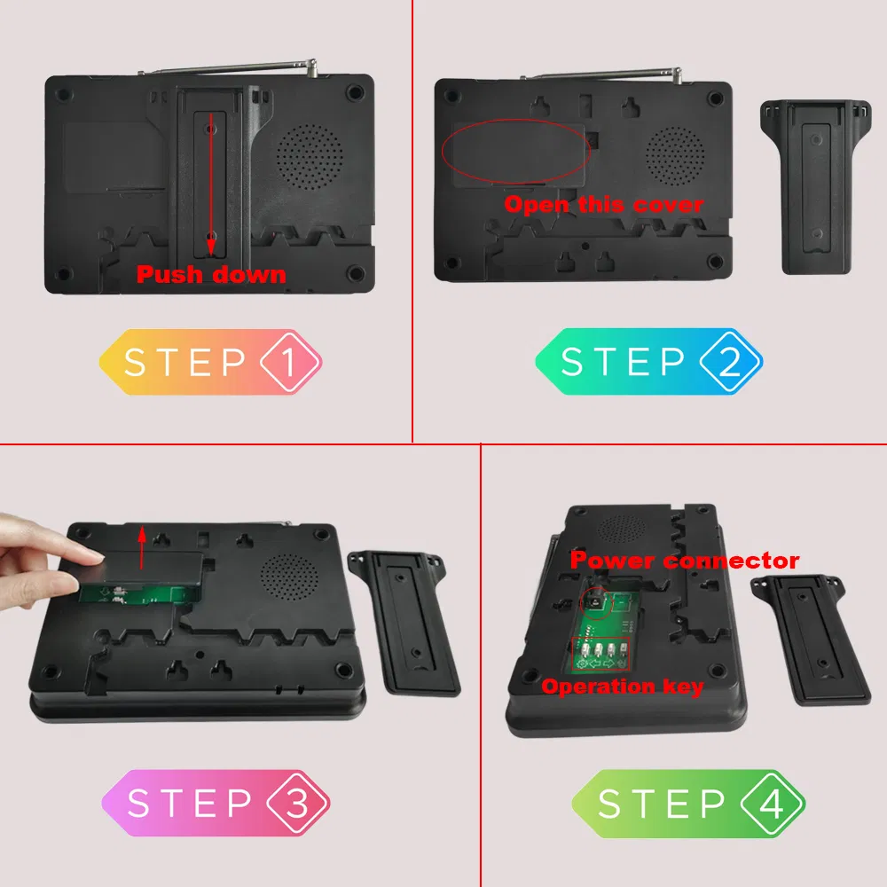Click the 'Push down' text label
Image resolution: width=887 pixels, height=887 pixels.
point(211,274)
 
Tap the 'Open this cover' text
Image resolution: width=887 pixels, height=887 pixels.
point(603,205)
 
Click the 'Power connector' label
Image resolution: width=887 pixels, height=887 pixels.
point(684,561)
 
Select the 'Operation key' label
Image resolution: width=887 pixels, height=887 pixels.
point(623,686)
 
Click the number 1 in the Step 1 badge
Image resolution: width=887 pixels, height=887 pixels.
point(289,363)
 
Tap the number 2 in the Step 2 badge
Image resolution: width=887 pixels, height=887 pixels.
point(729,363)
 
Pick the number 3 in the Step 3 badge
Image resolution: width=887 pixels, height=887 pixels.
point(297,804)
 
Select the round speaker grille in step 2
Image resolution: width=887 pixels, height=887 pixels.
point(676,153)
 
